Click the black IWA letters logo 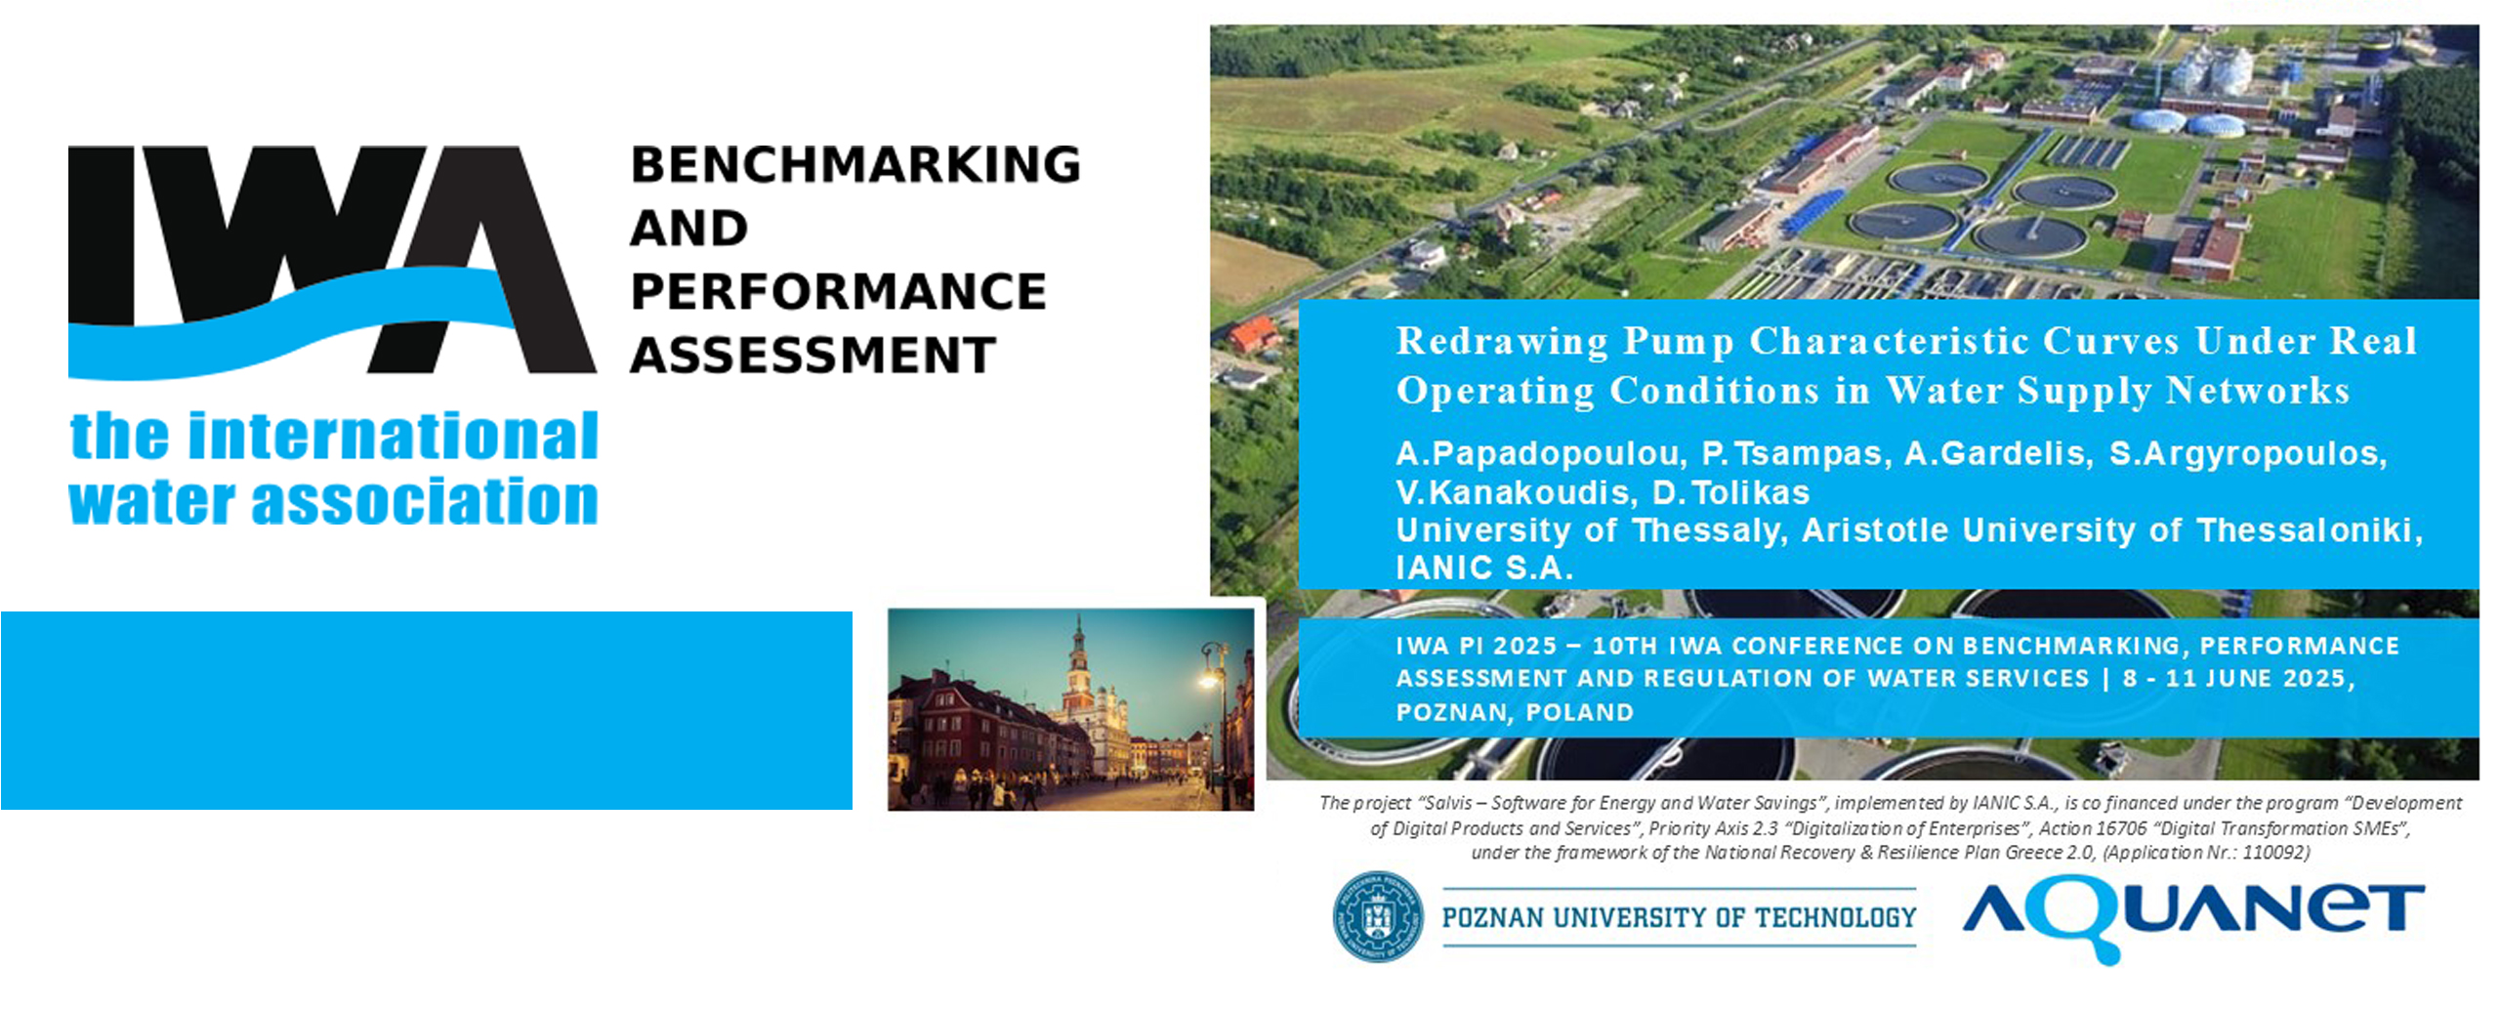[x=332, y=260]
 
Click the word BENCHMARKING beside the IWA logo [x=855, y=164]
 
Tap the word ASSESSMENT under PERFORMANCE [x=812, y=355]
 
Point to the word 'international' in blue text [x=393, y=436]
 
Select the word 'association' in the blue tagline [x=425, y=502]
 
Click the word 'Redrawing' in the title [x=1502, y=342]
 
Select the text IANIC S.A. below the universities [x=1484, y=568]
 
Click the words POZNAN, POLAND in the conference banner [x=1515, y=712]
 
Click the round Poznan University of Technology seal [x=1378, y=916]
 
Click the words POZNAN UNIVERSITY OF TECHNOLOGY [x=1679, y=917]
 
